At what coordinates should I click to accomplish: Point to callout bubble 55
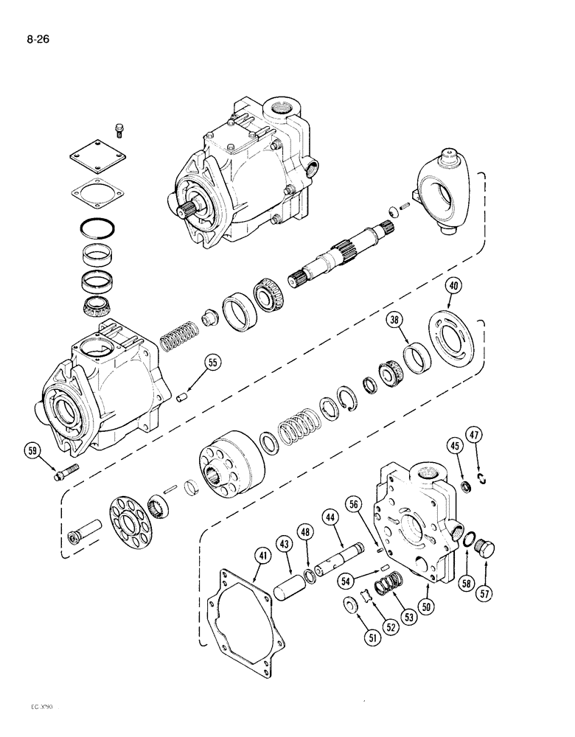(212, 363)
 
